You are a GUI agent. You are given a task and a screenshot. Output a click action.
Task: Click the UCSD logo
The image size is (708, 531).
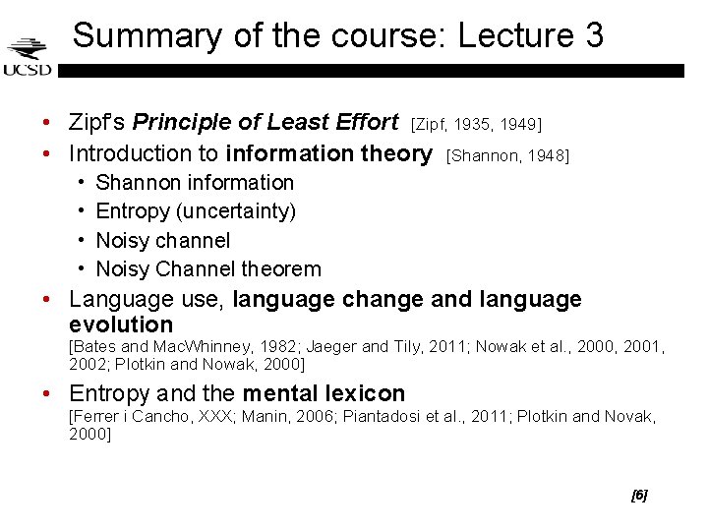pyautogui.click(x=27, y=56)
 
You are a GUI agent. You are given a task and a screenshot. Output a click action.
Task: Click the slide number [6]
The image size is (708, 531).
pyautogui.click(x=639, y=496)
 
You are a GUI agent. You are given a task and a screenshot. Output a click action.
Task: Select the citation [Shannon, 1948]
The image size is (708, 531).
pyautogui.click(x=507, y=155)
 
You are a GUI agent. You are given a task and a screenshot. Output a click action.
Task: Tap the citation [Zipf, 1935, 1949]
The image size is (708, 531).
pyautogui.click(x=477, y=124)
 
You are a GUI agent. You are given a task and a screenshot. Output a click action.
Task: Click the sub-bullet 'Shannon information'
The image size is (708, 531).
pyautogui.click(x=195, y=183)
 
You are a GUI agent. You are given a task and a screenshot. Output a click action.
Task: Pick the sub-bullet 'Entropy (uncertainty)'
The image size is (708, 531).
pyautogui.click(x=196, y=211)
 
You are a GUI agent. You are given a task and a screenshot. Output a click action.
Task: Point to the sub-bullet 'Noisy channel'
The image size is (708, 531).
pyautogui.click(x=163, y=240)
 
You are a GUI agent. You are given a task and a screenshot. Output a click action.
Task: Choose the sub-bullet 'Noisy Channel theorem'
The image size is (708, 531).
pyautogui.click(x=208, y=268)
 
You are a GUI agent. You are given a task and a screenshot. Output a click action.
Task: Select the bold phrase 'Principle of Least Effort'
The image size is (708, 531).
pyautogui.click(x=265, y=123)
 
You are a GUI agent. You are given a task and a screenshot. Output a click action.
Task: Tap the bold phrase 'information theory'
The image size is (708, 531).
pyautogui.click(x=328, y=153)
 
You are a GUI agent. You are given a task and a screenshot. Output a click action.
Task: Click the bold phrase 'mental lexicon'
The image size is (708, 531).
pyautogui.click(x=324, y=394)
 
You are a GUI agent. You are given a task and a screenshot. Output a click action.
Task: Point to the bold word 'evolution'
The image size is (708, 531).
pyautogui.click(x=121, y=324)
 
